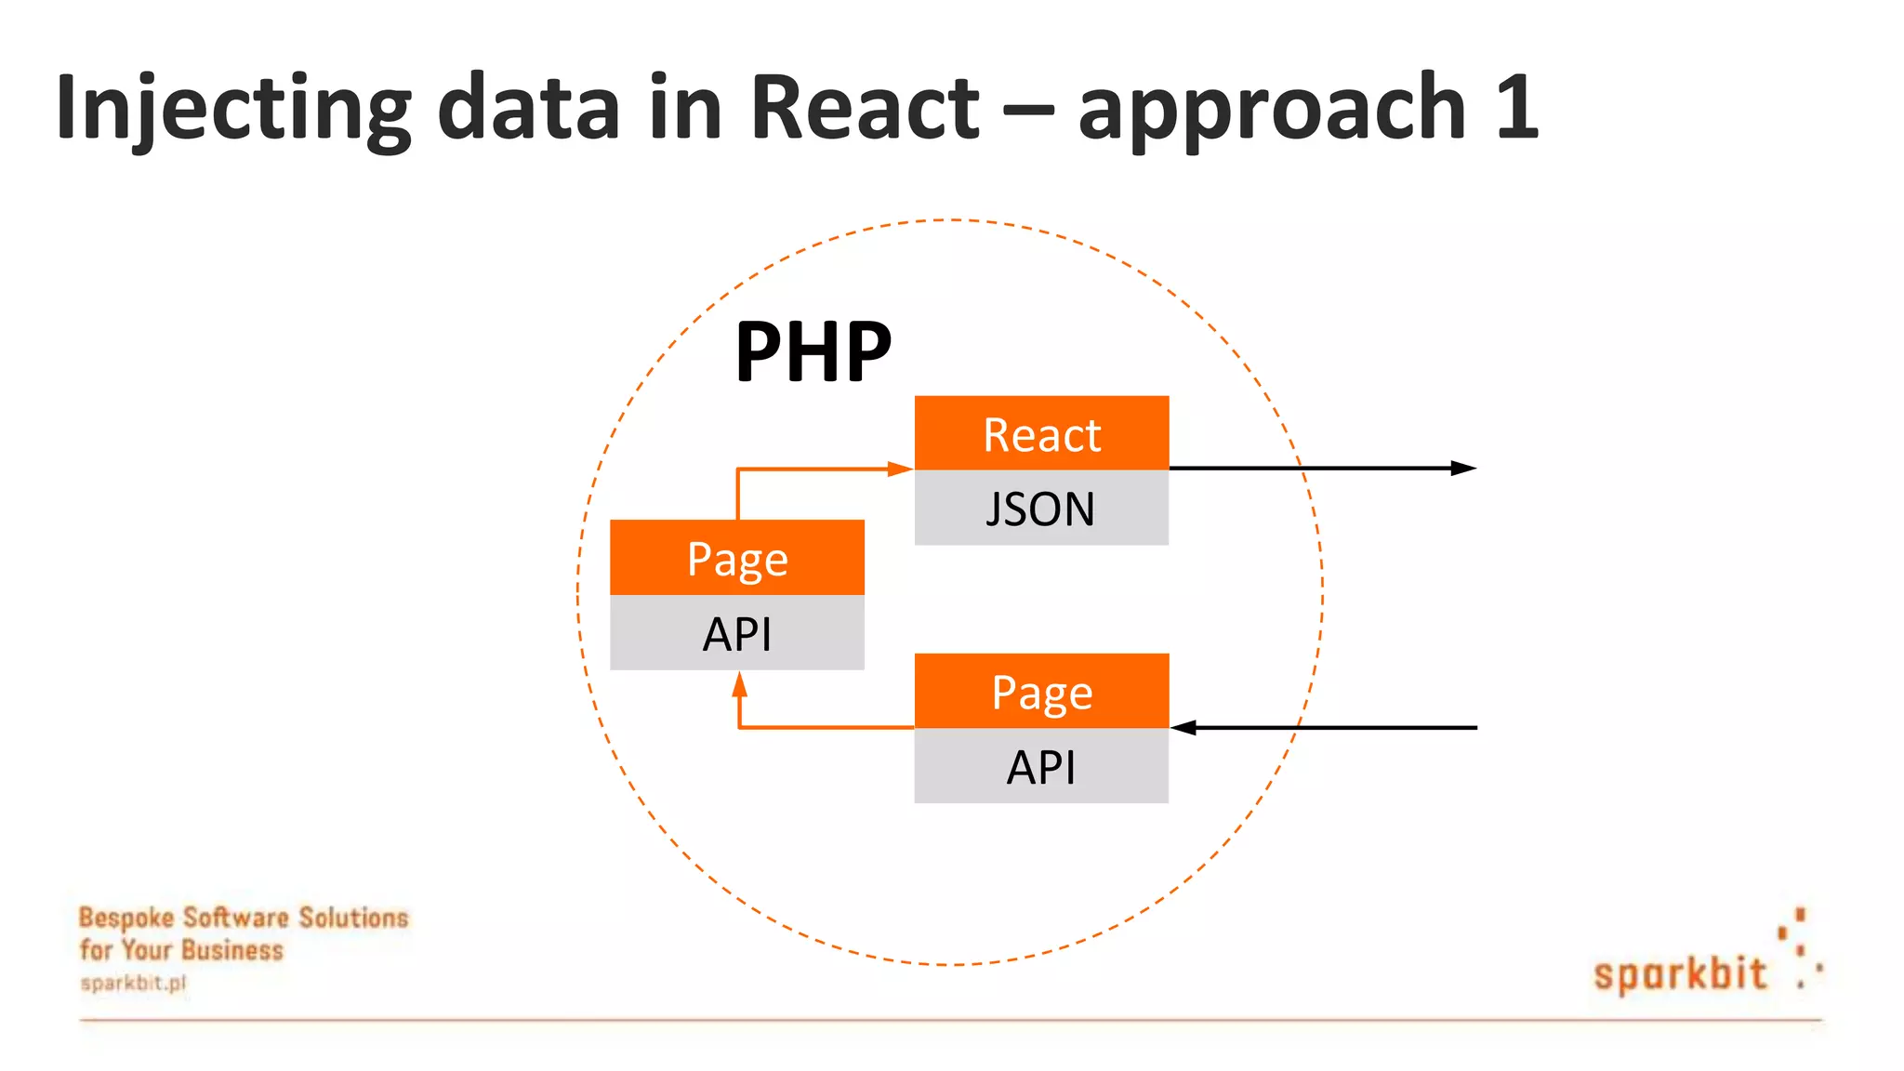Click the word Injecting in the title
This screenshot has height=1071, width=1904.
pos(232,109)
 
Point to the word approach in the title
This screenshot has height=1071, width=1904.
pos(1271,109)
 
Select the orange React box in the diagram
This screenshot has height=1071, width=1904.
pos(1041,434)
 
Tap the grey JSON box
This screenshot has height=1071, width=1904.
pos(1041,509)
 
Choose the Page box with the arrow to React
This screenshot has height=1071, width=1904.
pos(737,558)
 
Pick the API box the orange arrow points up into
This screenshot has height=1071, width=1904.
pos(737,633)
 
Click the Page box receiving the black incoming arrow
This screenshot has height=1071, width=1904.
pos(1041,692)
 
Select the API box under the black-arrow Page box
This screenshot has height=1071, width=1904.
pos(1041,767)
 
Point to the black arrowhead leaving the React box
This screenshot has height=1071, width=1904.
pos(1464,468)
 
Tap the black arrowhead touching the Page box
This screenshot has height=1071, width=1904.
pos(1183,727)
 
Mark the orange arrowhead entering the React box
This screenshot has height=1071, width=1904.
pos(900,469)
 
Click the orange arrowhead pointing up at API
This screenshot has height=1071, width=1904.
pos(739,685)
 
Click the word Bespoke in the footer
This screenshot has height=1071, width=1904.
pos(126,918)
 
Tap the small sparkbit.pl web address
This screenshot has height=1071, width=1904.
pos(133,983)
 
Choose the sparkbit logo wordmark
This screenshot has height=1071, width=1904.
pos(1679,974)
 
